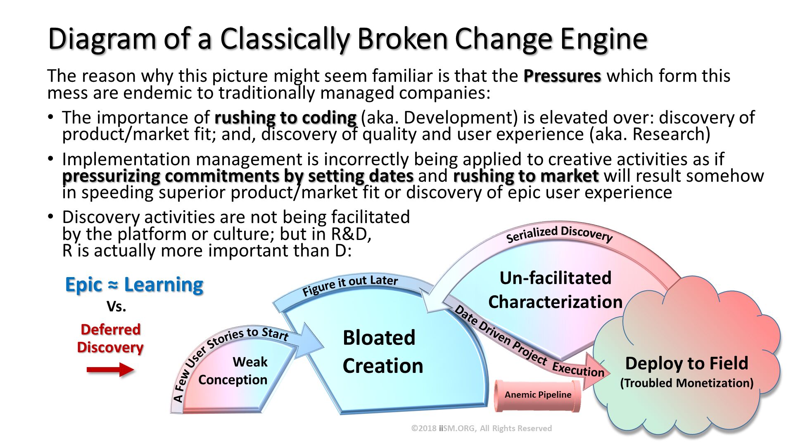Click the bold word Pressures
click(562, 76)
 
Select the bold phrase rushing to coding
click(285, 118)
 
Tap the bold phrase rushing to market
click(526, 176)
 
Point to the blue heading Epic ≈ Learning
click(134, 285)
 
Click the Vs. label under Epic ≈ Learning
click(116, 307)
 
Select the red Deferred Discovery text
click(110, 338)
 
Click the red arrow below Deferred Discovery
click(110, 369)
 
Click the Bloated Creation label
click(382, 352)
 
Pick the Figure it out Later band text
click(350, 285)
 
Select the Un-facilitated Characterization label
click(555, 290)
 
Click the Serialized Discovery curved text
click(559, 234)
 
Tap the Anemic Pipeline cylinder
click(538, 395)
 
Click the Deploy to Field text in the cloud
click(686, 363)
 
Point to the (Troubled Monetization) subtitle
click(686, 383)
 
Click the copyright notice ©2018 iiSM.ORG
click(482, 428)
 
